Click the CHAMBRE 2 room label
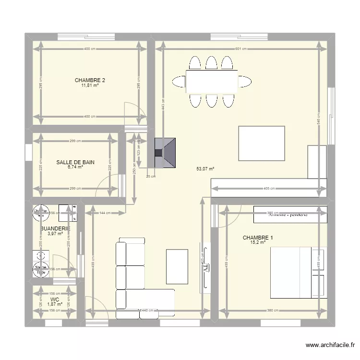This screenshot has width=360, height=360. coord(90,80)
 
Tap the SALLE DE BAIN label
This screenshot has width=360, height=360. coord(75,162)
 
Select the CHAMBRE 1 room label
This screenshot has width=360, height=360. coord(258,238)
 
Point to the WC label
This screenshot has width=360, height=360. coord(54,300)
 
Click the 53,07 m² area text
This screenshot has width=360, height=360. coord(205,168)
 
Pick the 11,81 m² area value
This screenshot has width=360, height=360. coord(90,85)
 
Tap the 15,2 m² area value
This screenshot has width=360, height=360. coord(258,243)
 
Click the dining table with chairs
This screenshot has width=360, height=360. coord(212,81)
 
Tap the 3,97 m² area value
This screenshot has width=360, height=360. coord(55,234)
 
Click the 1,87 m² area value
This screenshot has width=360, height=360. coord(55,304)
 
